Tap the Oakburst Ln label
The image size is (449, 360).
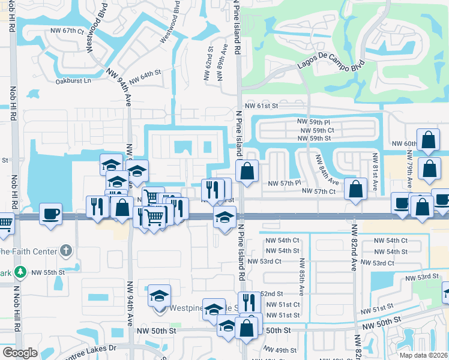(73, 80)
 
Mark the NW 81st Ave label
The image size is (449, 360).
(375, 172)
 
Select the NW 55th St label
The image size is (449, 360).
(49, 272)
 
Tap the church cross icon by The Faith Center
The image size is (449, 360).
(65, 250)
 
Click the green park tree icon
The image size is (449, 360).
(21, 272)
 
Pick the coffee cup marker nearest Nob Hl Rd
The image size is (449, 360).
(51, 214)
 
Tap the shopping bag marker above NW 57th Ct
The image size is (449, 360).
(356, 188)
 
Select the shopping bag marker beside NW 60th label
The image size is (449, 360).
(429, 140)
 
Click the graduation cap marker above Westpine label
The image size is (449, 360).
(160, 296)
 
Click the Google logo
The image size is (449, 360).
(20, 353)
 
